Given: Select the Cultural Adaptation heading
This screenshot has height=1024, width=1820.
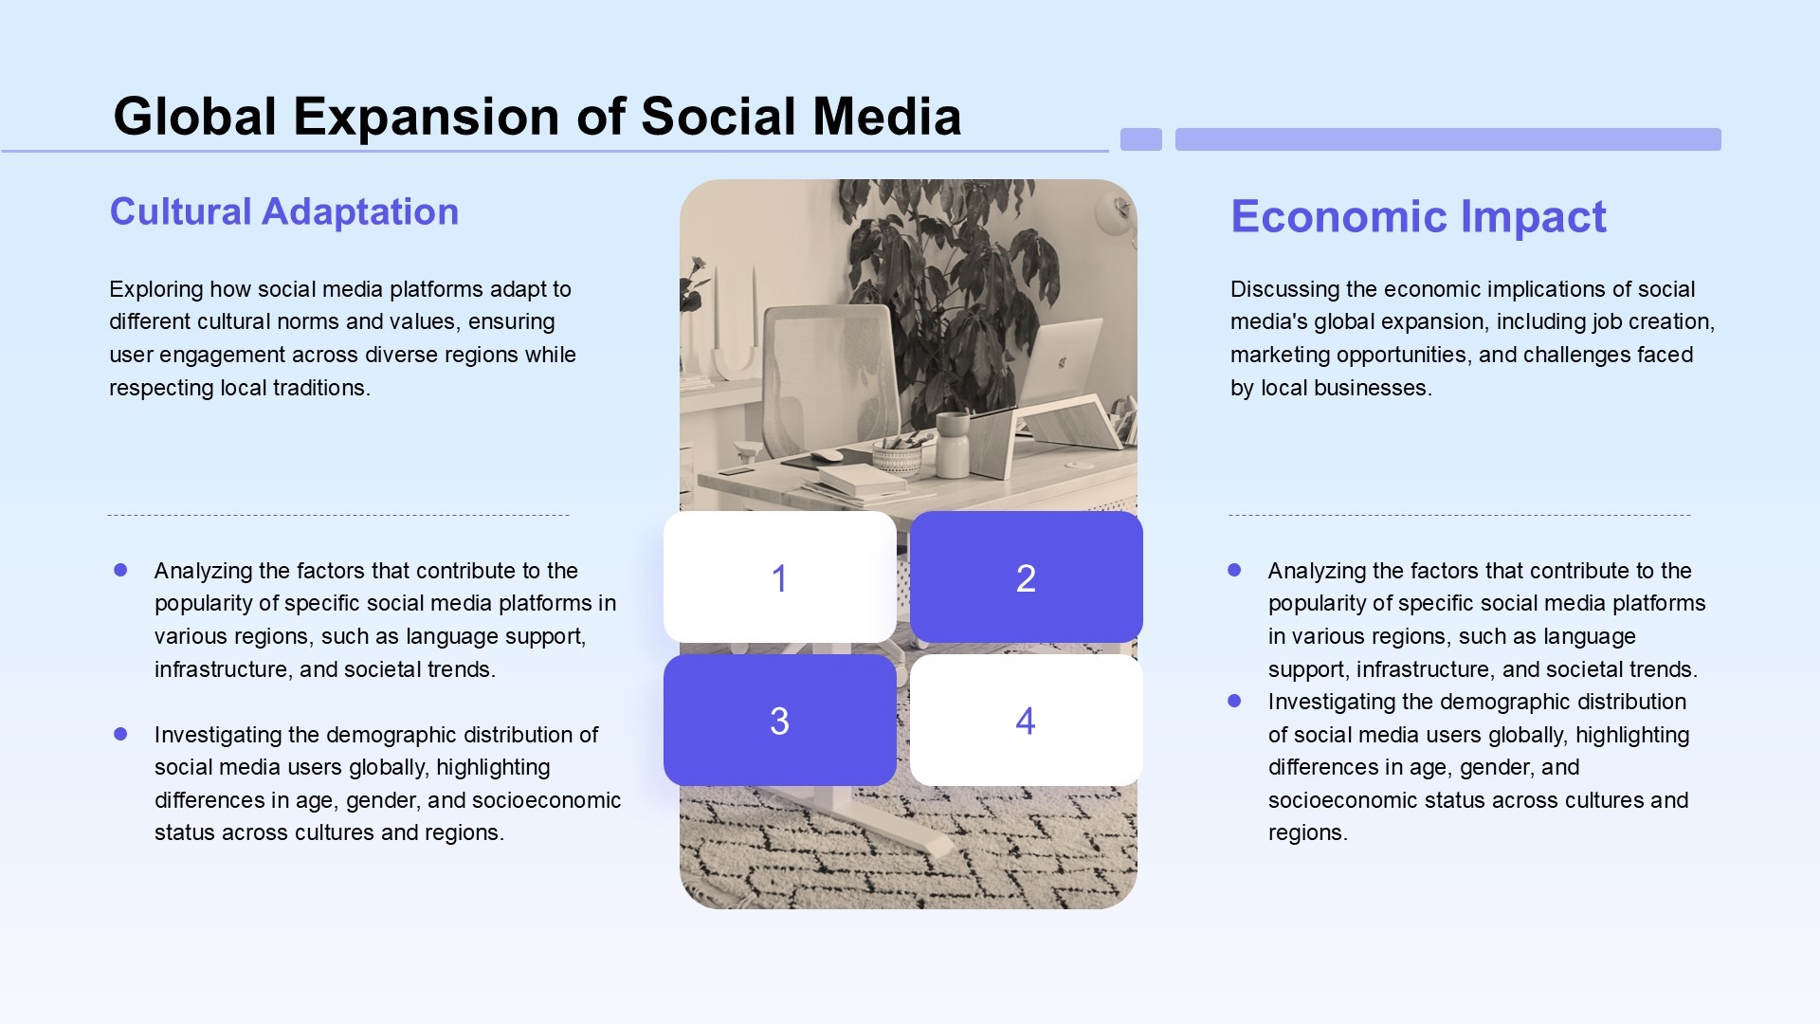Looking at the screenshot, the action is [284, 211].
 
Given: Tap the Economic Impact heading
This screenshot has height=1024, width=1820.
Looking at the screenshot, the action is [1418, 216].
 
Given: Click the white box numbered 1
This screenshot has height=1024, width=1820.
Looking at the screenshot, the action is [780, 577].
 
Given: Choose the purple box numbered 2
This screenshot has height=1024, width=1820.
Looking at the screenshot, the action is [1027, 577].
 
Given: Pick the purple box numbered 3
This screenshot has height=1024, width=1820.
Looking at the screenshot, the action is [780, 721].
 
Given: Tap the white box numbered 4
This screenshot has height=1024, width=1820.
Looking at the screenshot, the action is [1027, 721].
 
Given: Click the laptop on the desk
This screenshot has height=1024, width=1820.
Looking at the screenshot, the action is [1060, 365].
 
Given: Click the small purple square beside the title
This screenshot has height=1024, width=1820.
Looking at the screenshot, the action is [1141, 139].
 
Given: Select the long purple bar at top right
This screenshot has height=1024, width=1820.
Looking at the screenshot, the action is [1448, 139].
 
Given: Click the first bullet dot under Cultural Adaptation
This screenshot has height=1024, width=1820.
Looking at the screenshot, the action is [120, 570].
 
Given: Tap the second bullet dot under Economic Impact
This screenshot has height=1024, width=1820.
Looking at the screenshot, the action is [1234, 701].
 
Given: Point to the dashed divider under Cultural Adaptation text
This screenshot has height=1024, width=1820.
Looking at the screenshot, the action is [338, 516].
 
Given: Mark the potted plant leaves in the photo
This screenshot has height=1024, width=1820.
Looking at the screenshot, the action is [948, 275].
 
